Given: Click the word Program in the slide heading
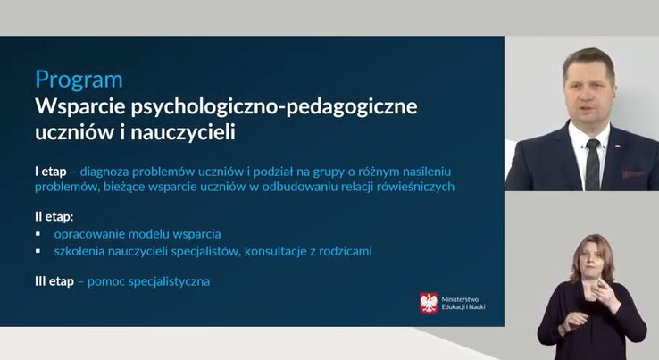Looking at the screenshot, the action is pyautogui.click(x=79, y=80).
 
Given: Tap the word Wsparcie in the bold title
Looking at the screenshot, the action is pyautogui.click(x=80, y=106).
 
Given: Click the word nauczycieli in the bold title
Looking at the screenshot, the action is pyautogui.click(x=183, y=132).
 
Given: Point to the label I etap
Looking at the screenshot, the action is pyautogui.click(x=50, y=172).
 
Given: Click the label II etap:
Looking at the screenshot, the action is pyautogui.click(x=54, y=217).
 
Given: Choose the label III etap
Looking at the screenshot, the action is pyautogui.click(x=54, y=281).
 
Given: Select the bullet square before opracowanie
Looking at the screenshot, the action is pyautogui.click(x=38, y=233).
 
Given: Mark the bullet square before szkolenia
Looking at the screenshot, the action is pyautogui.click(x=38, y=251).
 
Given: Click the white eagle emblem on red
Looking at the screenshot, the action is pyautogui.click(x=429, y=303).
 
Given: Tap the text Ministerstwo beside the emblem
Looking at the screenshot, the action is pyautogui.click(x=460, y=299).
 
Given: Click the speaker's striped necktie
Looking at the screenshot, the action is pyautogui.click(x=593, y=165).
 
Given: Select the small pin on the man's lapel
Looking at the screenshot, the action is pyautogui.click(x=618, y=146).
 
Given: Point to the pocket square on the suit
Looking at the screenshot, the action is pyautogui.click(x=632, y=173).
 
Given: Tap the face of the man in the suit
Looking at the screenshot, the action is pyautogui.click(x=588, y=96).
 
